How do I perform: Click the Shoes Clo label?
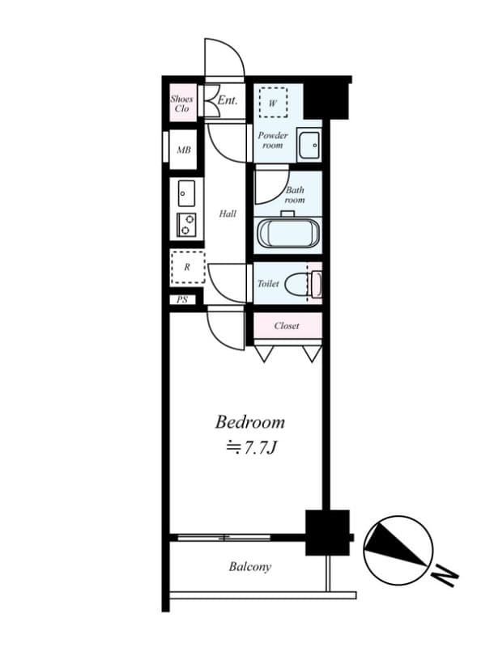pos(181,103)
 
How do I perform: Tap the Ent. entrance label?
pos(228,101)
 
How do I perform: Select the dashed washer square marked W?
pos(273,104)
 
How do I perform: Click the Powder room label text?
pos(273,140)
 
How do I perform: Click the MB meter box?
pos(184,150)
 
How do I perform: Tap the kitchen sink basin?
pos(186,194)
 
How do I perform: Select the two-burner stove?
pos(186,224)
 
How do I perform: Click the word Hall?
pos(228,214)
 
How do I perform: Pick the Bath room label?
pos(295,195)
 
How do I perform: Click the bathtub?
pos(289,233)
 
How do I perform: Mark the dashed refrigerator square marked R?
pos(187,267)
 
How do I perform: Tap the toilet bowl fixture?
pos(310,284)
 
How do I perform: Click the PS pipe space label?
pos(182,299)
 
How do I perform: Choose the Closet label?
pos(287,326)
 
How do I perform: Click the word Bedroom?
pos(249,421)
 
